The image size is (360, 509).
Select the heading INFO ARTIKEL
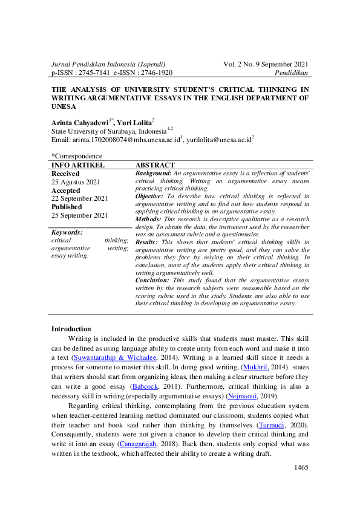(78, 165)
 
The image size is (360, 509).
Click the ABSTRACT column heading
(155, 165)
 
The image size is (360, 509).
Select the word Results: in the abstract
(149, 242)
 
